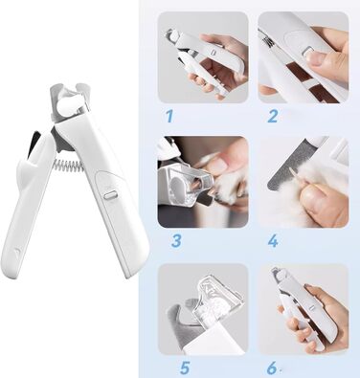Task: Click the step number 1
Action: pyautogui.click(x=169, y=116)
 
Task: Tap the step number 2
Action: pyautogui.click(x=272, y=116)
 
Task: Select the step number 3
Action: pyautogui.click(x=176, y=241)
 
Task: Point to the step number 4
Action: pyautogui.click(x=273, y=241)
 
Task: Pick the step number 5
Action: pyautogui.click(x=185, y=367)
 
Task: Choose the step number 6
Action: pyautogui.click(x=272, y=367)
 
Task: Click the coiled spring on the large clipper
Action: pyautogui.click(x=68, y=165)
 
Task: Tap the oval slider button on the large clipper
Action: pyautogui.click(x=110, y=194)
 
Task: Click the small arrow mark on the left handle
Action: pyautogui.click(x=16, y=252)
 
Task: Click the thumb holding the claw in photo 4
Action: pyautogui.click(x=323, y=204)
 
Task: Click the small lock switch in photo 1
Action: pyautogui.click(x=214, y=52)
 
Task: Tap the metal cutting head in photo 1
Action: pyautogui.click(x=172, y=35)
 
